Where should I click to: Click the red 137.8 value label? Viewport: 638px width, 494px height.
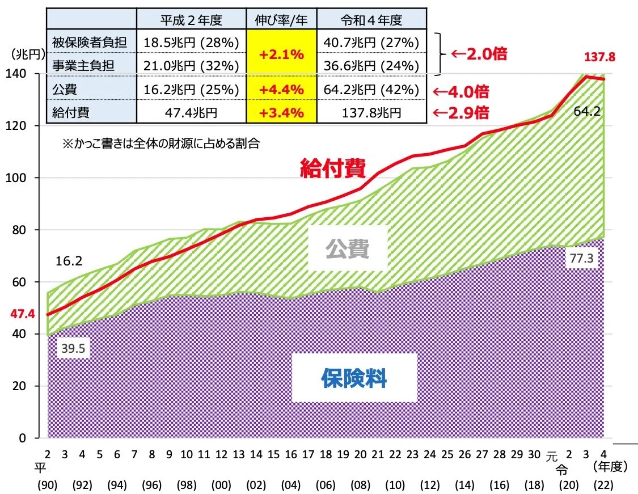click(599, 57)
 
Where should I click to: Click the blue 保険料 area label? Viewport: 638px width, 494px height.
click(354, 377)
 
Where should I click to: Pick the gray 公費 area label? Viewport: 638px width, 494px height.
click(347, 248)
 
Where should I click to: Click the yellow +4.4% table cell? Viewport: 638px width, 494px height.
click(281, 90)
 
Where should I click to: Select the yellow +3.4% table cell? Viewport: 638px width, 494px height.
click(281, 112)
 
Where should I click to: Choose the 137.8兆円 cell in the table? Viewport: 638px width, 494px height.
click(371, 112)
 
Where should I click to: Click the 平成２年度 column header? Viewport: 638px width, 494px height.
click(191, 20)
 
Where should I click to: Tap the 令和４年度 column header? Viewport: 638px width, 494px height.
click(371, 20)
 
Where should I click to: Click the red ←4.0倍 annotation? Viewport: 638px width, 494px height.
click(460, 91)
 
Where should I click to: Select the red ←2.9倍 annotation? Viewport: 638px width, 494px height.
click(460, 112)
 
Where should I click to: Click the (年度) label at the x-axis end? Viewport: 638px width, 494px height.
click(609, 467)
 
